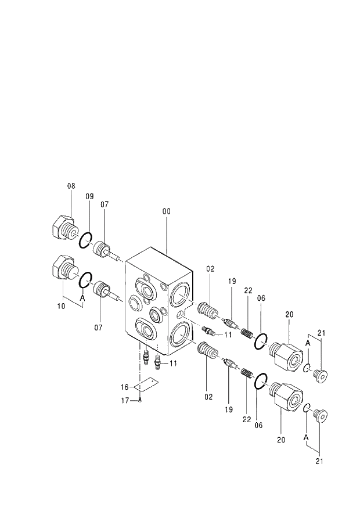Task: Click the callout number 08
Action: [71, 186]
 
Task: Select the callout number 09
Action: [90, 196]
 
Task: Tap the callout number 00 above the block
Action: [167, 212]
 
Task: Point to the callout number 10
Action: [61, 306]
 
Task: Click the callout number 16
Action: [124, 386]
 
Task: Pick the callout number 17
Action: [124, 400]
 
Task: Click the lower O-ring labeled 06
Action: [260, 382]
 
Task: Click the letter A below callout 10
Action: [82, 297]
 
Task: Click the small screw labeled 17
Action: [141, 400]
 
